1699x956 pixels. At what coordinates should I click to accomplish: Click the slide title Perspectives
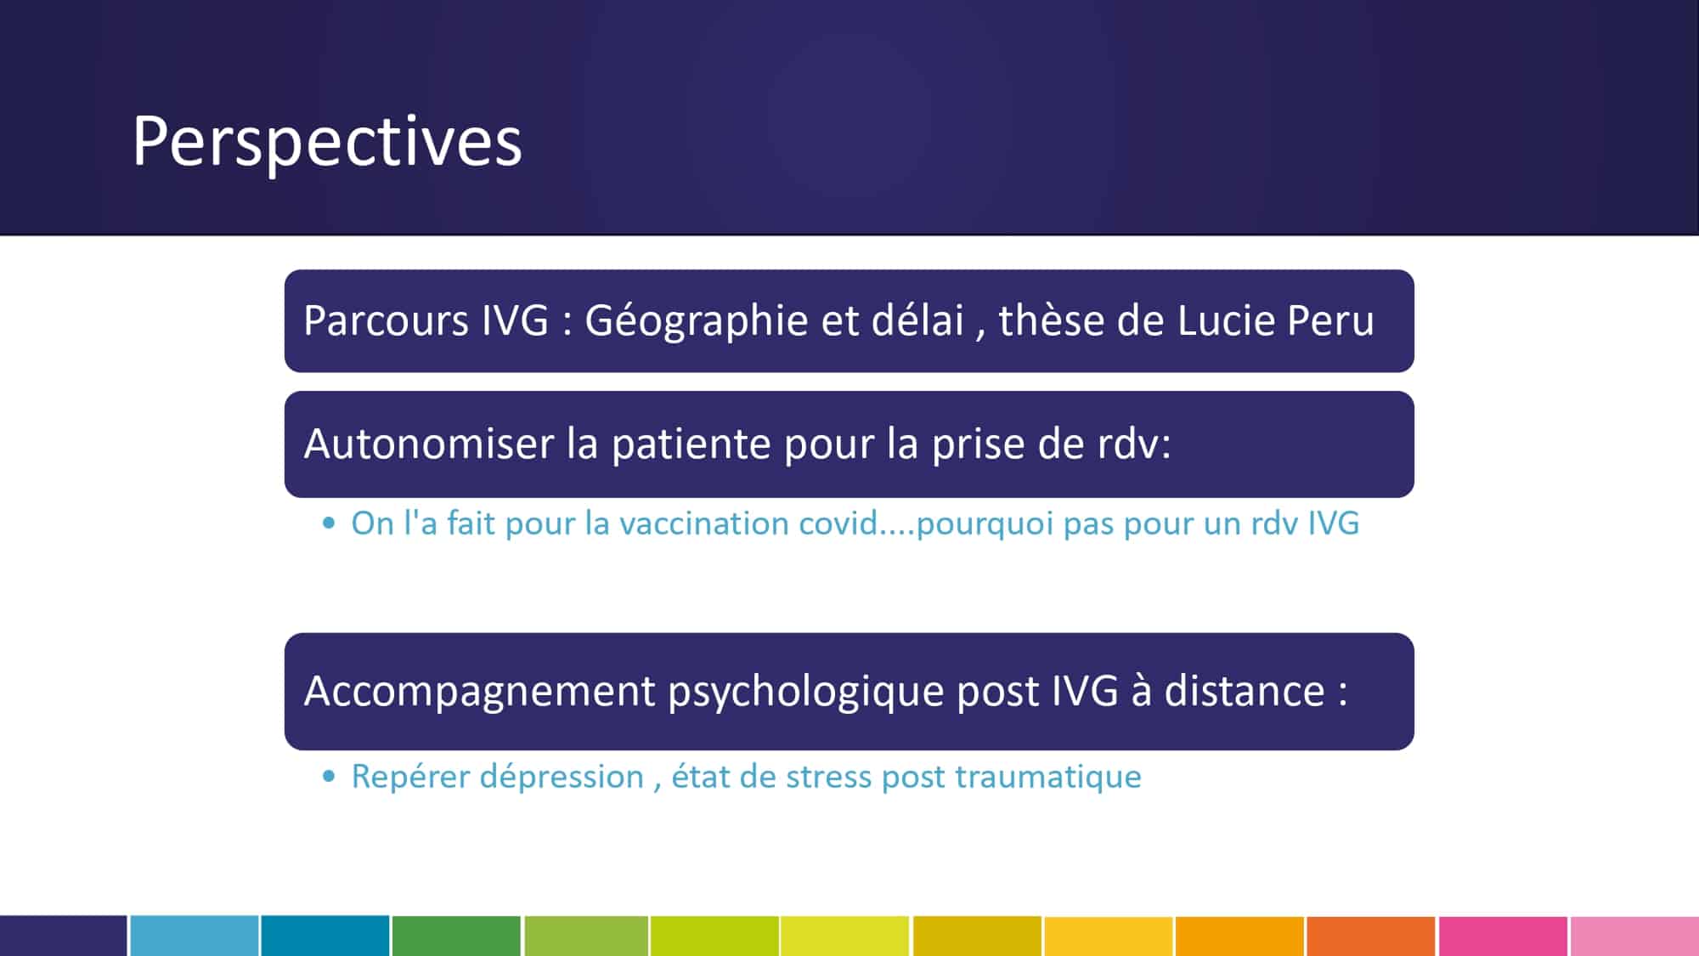[327, 141]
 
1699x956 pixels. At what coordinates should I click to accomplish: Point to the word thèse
[1051, 320]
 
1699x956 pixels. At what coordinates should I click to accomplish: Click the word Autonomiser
[429, 444]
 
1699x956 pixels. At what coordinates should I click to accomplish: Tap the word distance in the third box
[1245, 690]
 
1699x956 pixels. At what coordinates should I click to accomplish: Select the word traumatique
[1048, 777]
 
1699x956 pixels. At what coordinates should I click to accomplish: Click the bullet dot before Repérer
[330, 776]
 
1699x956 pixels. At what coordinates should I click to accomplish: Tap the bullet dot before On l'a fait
[330, 523]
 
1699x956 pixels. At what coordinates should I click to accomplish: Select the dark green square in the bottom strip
[456, 936]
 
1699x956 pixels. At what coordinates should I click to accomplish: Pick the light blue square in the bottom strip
[195, 936]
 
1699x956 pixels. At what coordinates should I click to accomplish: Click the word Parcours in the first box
[386, 320]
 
